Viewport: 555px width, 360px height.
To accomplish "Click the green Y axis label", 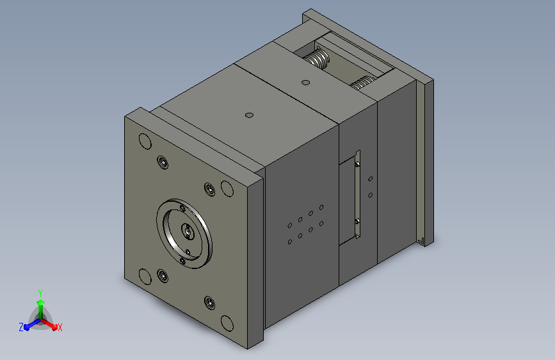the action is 40,293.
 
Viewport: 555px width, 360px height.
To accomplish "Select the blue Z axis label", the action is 21,327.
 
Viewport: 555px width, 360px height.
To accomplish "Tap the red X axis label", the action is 60,327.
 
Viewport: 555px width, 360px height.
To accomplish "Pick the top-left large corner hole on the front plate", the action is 145,141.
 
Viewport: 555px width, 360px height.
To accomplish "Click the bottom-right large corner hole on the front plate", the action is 227,323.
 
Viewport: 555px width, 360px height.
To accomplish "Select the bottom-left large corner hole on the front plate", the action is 145,277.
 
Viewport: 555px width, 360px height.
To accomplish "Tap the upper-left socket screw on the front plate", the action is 163,162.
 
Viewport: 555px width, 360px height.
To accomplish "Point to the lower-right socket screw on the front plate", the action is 210,302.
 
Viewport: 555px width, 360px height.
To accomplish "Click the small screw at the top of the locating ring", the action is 182,208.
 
